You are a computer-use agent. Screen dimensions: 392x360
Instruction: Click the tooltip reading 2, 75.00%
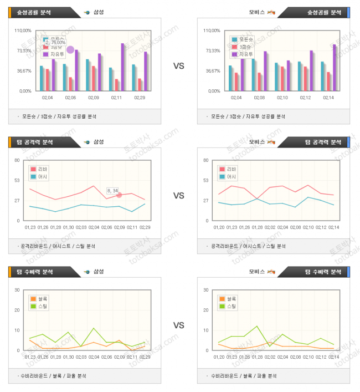point(55,42)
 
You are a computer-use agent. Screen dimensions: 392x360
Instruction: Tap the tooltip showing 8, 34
point(112,191)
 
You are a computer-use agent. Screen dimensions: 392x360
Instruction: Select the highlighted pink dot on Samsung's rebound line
point(119,195)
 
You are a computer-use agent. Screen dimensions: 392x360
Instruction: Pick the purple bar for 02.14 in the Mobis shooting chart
point(335,67)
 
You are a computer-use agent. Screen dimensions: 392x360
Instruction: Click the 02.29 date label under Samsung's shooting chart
point(140,98)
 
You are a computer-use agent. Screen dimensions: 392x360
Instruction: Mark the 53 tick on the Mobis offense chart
point(205,180)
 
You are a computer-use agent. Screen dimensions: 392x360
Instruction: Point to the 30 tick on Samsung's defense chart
point(18,290)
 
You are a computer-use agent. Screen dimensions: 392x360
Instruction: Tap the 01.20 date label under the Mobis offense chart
point(220,227)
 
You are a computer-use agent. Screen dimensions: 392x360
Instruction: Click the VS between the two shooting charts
point(179,66)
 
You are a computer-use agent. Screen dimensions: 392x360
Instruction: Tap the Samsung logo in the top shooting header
point(87,12)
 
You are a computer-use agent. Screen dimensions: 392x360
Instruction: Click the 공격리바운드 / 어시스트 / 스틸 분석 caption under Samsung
point(57,246)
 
